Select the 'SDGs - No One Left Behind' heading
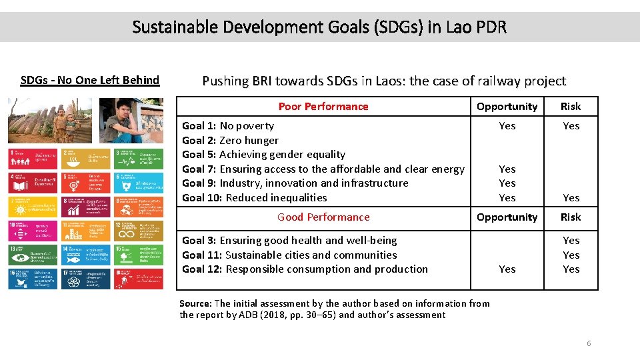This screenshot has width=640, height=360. point(90,81)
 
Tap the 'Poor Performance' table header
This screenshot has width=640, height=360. point(323,107)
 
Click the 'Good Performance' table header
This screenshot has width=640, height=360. point(323,217)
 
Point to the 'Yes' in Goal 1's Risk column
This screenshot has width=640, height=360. point(571,126)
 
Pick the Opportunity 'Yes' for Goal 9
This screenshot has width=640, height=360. point(507,183)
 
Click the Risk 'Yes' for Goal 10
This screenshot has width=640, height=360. point(571,198)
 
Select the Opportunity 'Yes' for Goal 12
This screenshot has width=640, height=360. point(507,269)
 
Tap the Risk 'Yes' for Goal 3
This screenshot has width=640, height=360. point(571,241)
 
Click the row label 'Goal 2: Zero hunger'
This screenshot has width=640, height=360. point(230,141)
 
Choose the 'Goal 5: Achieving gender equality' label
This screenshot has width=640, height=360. point(263,155)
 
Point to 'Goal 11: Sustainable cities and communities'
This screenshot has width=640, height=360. point(289,255)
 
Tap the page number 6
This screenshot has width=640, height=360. point(589,343)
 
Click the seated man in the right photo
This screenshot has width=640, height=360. point(127,123)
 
